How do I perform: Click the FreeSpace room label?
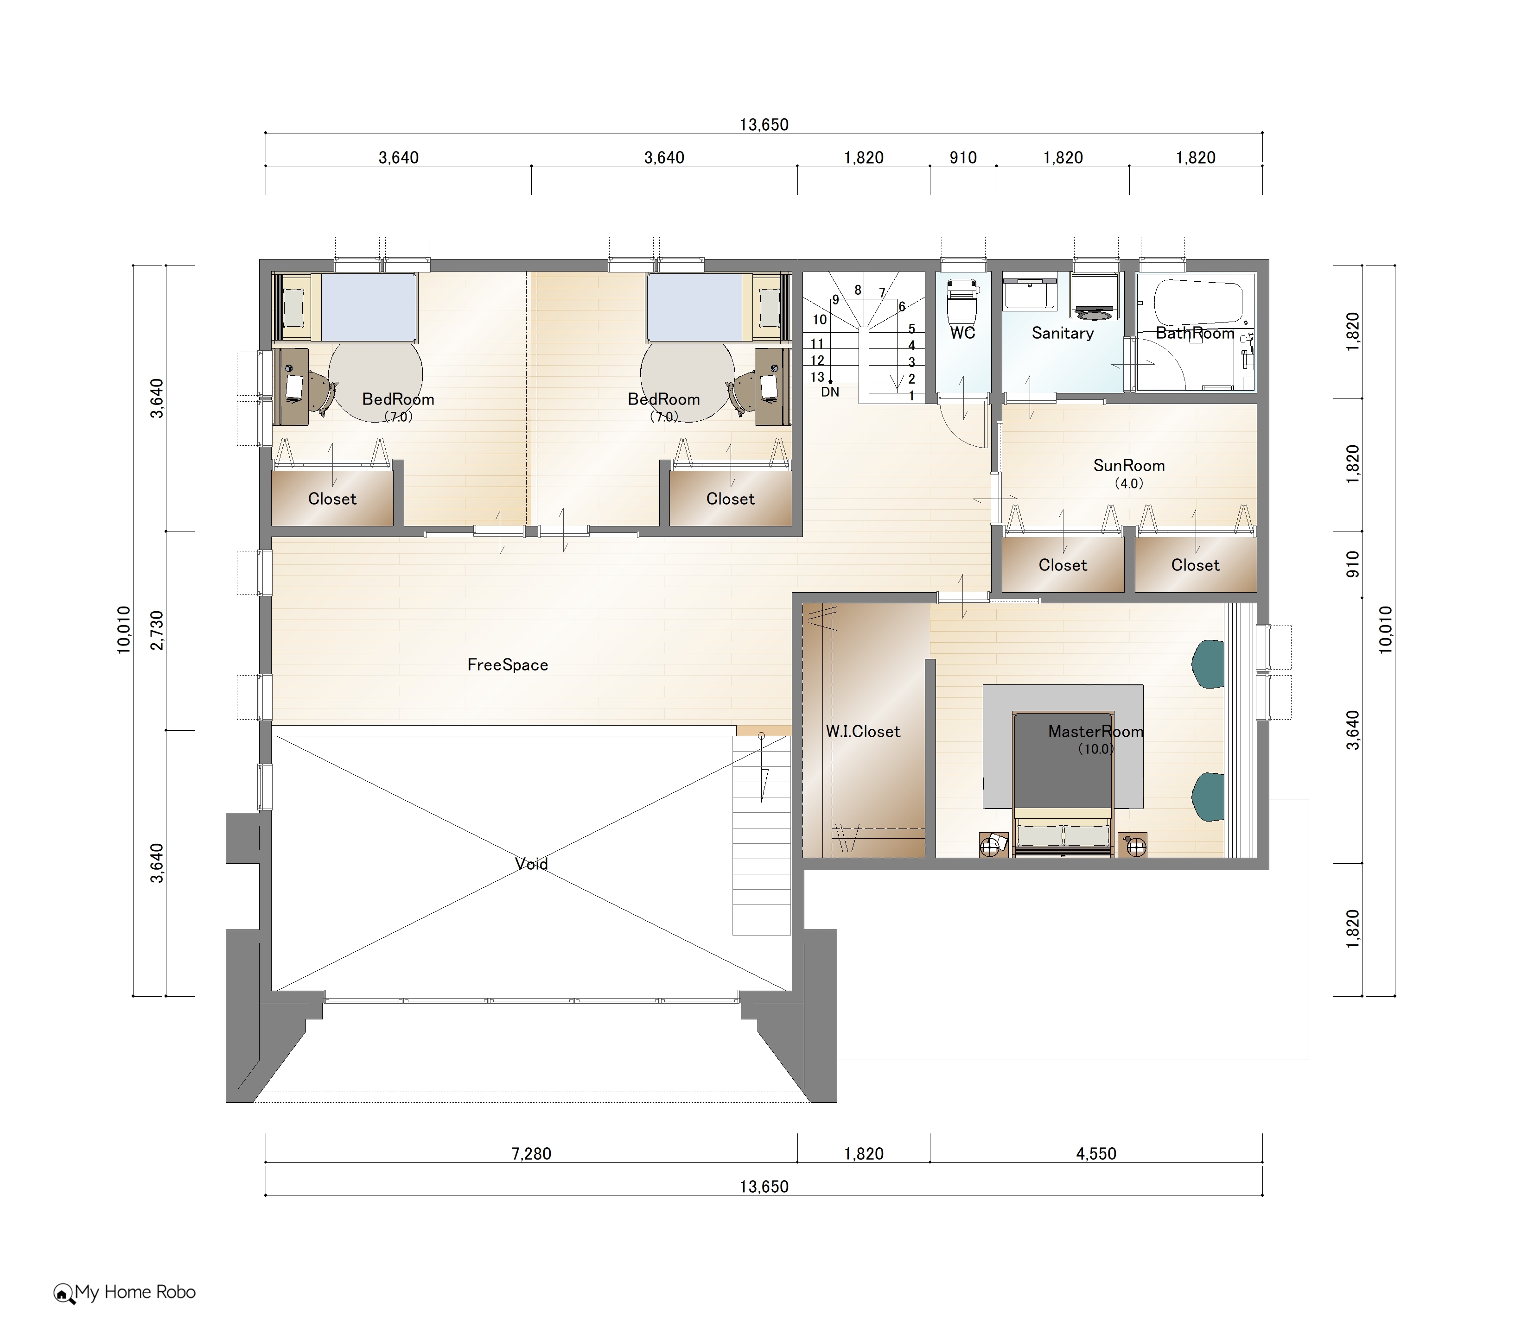click(508, 665)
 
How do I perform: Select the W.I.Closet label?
click(863, 732)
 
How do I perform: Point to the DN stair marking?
click(830, 392)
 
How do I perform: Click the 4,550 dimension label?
click(1096, 1154)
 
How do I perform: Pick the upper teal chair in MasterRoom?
click(1208, 664)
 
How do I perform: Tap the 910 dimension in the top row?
click(963, 158)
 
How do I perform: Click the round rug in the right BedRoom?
click(688, 382)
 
